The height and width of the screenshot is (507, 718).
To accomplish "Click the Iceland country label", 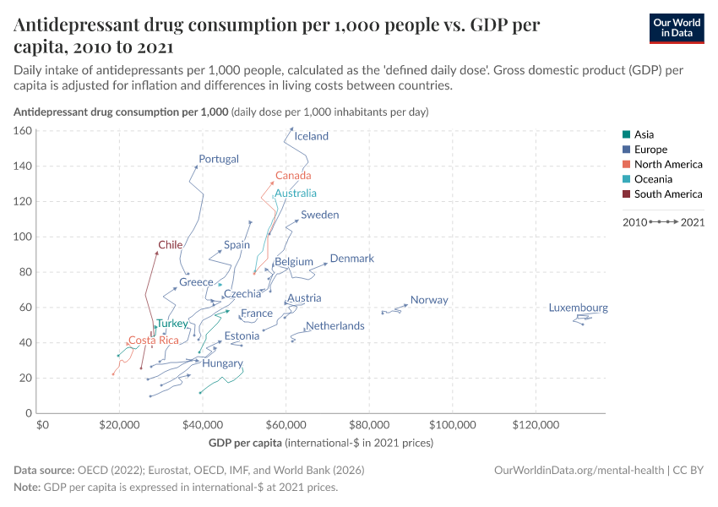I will [312, 136].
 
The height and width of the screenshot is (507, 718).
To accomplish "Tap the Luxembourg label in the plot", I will [578, 308].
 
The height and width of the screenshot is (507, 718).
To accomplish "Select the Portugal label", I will [219, 159].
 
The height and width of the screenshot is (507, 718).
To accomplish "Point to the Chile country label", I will [171, 245].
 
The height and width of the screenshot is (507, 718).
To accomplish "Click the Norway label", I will [429, 300].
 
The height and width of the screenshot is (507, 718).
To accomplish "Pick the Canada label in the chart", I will [293, 176].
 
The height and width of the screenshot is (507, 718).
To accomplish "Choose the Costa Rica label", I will [154, 341].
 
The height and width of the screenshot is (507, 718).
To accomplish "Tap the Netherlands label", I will [335, 325].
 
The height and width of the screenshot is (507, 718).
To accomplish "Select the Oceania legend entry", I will [653, 179].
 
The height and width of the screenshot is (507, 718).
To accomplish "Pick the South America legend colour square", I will [625, 194].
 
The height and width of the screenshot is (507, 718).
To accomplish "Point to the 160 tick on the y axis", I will [24, 131].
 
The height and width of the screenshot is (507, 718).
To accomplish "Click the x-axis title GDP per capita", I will [245, 443].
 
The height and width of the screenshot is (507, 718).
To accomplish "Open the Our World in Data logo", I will [677, 27].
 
